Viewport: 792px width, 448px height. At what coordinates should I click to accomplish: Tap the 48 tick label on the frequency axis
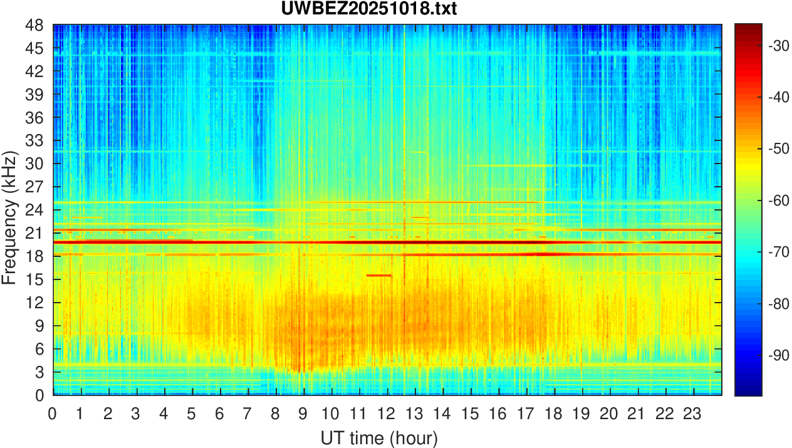pyautogui.click(x=35, y=26)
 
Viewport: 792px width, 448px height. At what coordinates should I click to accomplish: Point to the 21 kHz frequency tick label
pyautogui.click(x=35, y=233)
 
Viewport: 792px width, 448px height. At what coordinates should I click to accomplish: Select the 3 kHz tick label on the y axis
pyautogui.click(x=39, y=372)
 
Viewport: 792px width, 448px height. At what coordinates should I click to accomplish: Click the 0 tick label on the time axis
pyautogui.click(x=53, y=414)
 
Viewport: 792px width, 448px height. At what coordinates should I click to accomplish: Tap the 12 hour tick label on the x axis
pyautogui.click(x=386, y=414)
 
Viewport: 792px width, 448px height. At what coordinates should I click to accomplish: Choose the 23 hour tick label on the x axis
pyautogui.click(x=693, y=414)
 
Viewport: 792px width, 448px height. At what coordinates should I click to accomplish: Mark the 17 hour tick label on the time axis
pyautogui.click(x=526, y=414)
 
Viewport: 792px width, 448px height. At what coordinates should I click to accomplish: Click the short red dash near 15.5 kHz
pyautogui.click(x=378, y=275)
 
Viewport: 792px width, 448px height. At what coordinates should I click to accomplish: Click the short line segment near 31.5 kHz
pyautogui.click(x=419, y=152)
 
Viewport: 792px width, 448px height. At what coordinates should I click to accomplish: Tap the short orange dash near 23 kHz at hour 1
pyautogui.click(x=86, y=217)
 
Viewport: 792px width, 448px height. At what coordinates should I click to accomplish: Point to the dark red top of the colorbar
pyautogui.click(x=748, y=28)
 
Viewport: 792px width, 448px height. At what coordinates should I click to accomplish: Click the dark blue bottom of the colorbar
pyautogui.click(x=748, y=391)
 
